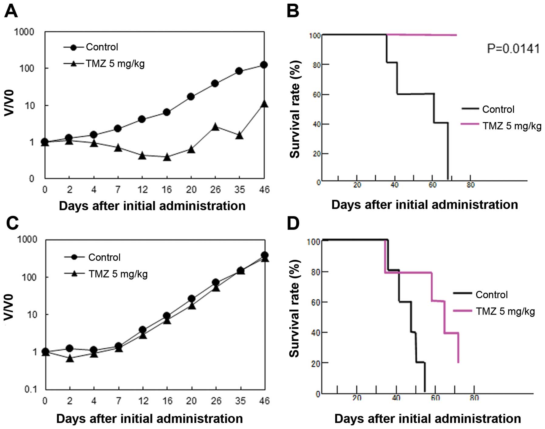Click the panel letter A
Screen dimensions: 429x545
11,12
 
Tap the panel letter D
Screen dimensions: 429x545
293,223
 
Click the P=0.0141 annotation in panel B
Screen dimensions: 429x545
513,49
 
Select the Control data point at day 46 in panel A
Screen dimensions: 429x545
264,65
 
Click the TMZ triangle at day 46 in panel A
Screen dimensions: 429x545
264,104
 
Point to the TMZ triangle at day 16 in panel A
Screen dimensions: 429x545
167,157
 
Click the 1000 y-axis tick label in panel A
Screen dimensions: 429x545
24,32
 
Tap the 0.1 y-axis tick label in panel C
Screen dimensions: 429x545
30,389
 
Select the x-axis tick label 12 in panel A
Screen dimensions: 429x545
142,189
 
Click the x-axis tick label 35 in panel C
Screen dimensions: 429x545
240,401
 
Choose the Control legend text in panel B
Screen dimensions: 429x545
498,109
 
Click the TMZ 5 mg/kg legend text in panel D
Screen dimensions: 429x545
505,311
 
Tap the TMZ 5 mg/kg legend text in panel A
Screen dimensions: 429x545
115,64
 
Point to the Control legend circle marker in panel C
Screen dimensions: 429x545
74,257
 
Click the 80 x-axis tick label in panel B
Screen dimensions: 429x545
470,185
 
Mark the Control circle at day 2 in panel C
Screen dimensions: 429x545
70,348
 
